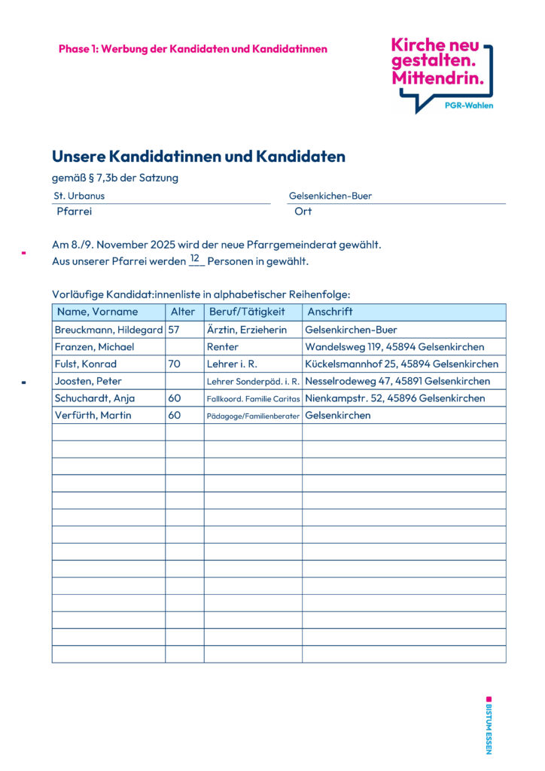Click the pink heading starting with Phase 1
point(193,49)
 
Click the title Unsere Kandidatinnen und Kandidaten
point(198,157)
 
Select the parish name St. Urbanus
point(79,196)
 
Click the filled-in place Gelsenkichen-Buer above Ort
point(330,196)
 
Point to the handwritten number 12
point(195,258)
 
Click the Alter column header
point(183,312)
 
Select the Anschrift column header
point(330,312)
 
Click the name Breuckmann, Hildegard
point(108,330)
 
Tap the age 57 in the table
point(174,330)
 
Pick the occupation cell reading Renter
point(223,347)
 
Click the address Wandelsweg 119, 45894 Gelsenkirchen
point(394,347)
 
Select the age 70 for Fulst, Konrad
point(174,364)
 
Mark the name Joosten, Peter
point(88,381)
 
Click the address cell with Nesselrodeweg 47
point(397,381)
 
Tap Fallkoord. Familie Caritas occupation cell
point(253,399)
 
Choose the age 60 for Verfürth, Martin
point(174,415)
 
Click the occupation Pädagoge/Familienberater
point(253,416)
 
